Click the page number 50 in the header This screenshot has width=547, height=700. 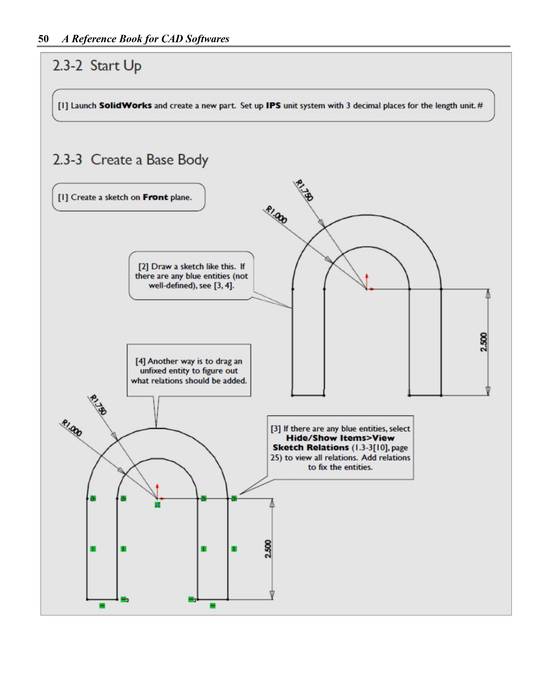[x=44, y=39]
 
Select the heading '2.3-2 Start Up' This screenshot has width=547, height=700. [x=97, y=66]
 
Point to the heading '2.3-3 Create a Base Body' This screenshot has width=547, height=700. [x=131, y=160]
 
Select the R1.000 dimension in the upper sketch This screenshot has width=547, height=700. [x=277, y=215]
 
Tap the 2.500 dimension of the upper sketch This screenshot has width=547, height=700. [x=483, y=342]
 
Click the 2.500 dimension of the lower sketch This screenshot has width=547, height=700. [x=268, y=549]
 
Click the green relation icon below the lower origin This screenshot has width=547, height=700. [x=157, y=505]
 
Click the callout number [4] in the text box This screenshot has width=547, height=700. [x=140, y=361]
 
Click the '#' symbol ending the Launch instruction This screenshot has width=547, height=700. [x=480, y=105]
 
